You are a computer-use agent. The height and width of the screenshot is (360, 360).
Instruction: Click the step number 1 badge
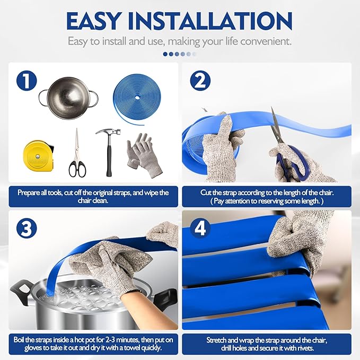[x=27, y=81]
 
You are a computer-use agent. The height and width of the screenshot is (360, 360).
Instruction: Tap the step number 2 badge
[x=200, y=81]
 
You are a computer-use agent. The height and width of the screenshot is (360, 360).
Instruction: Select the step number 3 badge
[x=27, y=229]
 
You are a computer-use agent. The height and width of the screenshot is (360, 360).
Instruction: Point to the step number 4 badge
[x=200, y=229]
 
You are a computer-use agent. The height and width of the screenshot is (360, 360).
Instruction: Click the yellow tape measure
[x=38, y=156]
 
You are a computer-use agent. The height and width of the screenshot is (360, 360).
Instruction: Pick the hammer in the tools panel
[x=109, y=152]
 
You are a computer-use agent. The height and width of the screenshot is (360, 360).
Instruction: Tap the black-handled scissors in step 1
[x=77, y=153]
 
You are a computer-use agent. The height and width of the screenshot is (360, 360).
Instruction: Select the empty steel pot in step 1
[x=68, y=98]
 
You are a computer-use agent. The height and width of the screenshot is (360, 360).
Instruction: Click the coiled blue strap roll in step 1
[x=137, y=99]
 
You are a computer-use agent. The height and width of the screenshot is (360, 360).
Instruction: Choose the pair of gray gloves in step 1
[x=144, y=155]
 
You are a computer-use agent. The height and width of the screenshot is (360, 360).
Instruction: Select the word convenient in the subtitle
[x=266, y=41]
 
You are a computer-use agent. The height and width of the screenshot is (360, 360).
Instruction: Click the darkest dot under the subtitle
[x=165, y=54]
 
